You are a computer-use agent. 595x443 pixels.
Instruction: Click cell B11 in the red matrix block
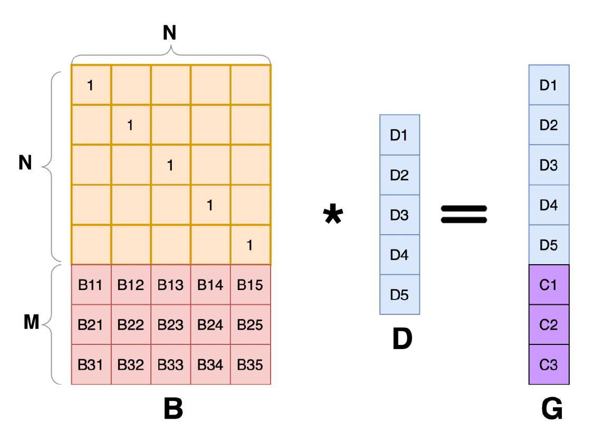click(x=91, y=285)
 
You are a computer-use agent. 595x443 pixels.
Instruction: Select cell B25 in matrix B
click(x=250, y=325)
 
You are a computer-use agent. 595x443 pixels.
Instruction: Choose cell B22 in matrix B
click(x=131, y=325)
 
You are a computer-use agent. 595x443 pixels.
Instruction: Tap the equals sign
click(x=464, y=215)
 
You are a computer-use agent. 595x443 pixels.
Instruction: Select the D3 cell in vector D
click(x=399, y=215)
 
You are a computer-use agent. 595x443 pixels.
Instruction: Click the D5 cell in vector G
click(x=549, y=245)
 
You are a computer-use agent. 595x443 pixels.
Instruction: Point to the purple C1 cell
click(x=549, y=285)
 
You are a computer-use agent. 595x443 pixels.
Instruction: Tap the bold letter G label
click(x=552, y=410)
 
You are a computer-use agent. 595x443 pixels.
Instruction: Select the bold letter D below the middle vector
click(x=402, y=340)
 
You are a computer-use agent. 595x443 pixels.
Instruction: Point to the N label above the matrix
click(x=169, y=33)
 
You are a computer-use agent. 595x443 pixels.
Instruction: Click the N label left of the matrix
click(x=25, y=163)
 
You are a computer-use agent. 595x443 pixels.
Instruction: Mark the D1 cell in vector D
click(x=399, y=135)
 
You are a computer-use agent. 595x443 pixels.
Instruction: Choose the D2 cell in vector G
click(x=549, y=125)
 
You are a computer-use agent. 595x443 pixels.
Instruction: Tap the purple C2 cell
click(x=549, y=325)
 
